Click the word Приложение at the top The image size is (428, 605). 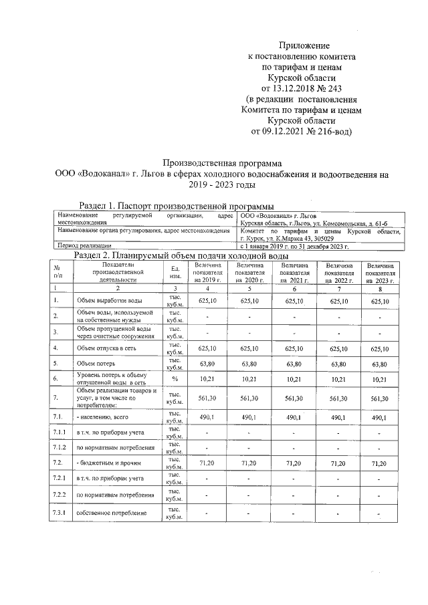click(304, 45)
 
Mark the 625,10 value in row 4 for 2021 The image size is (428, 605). click(294, 348)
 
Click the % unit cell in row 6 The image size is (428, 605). click(175, 379)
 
